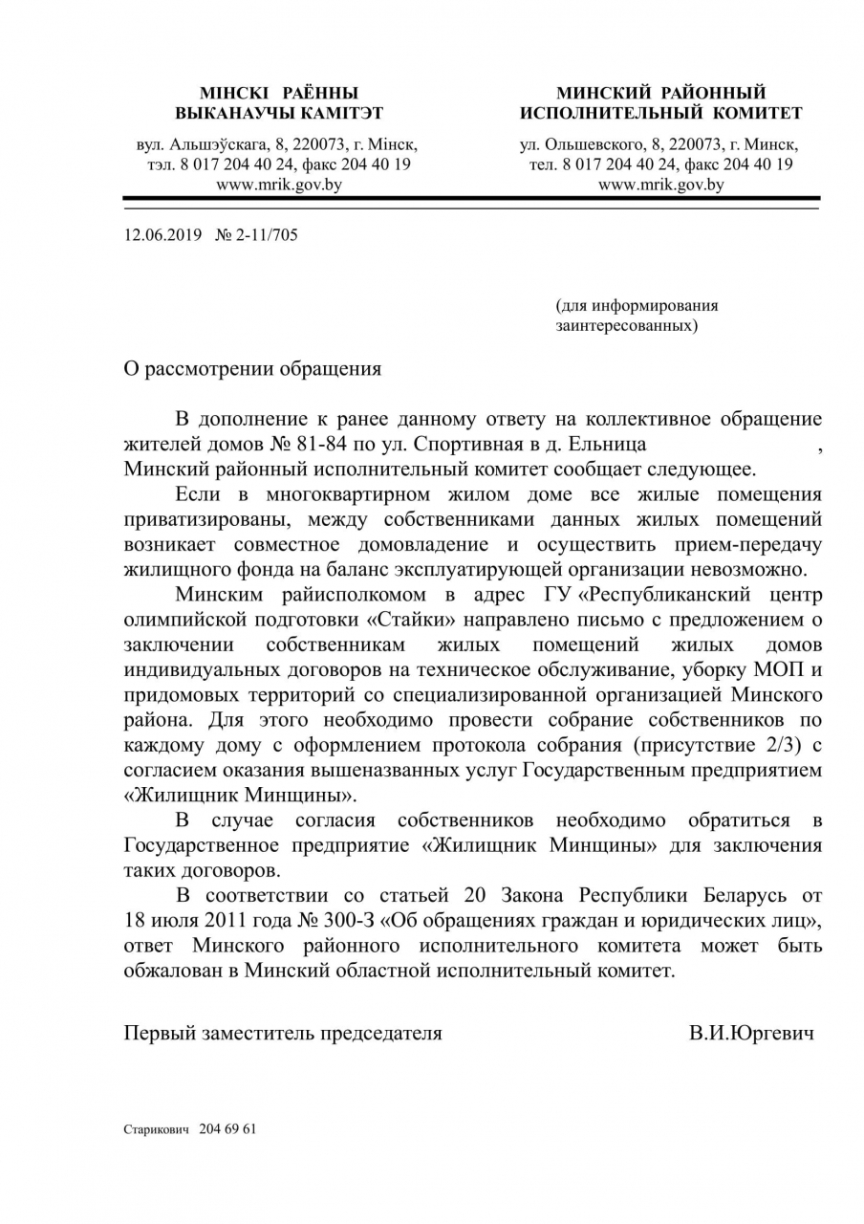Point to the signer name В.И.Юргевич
click(750, 1033)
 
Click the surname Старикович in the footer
click(157, 1128)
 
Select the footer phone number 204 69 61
click(228, 1128)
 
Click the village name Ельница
click(612, 444)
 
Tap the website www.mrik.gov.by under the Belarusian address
click(279, 186)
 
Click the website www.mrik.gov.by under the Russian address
click(660, 186)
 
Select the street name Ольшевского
click(593, 144)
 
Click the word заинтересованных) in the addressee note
click(626, 326)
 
